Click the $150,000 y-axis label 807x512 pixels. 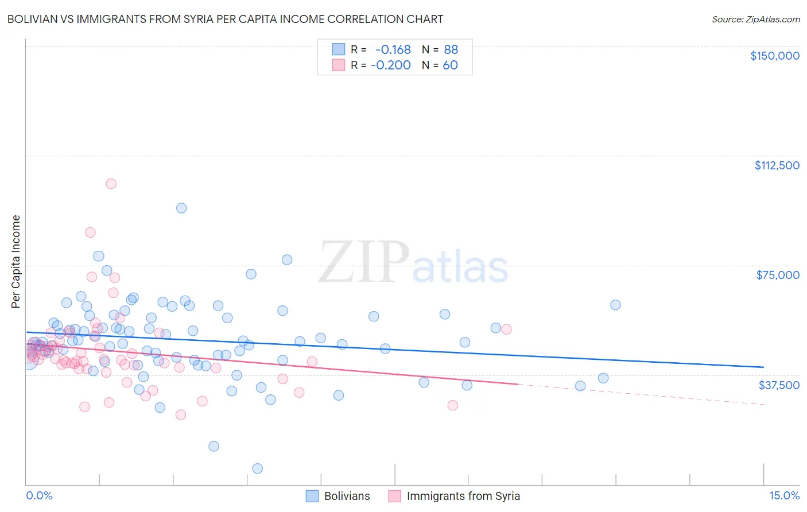774,56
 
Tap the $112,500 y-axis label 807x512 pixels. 777,165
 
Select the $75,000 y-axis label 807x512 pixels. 778,275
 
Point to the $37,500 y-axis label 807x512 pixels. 779,385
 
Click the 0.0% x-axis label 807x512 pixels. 39,496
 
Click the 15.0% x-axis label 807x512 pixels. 784,496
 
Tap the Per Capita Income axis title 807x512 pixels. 15,261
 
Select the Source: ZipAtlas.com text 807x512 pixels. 755,19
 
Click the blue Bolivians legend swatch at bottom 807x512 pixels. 312,496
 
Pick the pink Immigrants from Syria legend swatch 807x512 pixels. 394,496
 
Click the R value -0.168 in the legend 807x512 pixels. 393,49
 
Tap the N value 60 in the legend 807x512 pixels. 450,65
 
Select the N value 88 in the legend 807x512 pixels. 451,49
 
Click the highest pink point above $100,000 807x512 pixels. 111,184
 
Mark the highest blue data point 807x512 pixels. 181,208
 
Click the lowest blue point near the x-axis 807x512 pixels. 258,468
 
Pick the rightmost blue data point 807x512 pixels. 615,305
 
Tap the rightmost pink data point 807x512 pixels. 506,329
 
